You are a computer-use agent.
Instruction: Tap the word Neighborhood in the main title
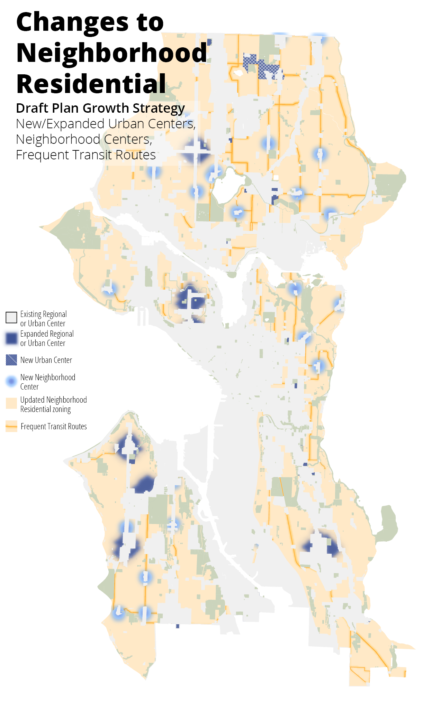(x=111, y=53)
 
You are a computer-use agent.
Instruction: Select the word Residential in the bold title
(x=91, y=84)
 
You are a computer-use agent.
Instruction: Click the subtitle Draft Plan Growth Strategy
(x=100, y=108)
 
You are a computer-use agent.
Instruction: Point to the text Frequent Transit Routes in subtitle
(x=85, y=155)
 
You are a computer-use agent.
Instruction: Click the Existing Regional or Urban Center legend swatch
(x=11, y=317)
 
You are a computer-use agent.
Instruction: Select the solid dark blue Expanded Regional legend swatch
(x=11, y=338)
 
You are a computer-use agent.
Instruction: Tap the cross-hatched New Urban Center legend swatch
(x=11, y=360)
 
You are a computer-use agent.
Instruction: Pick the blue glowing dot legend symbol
(x=11, y=381)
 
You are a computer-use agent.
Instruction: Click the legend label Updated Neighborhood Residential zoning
(x=53, y=404)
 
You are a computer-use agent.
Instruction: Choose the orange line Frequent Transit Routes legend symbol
(x=11, y=427)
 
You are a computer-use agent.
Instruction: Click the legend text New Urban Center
(x=46, y=360)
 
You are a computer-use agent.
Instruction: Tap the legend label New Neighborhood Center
(x=47, y=382)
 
